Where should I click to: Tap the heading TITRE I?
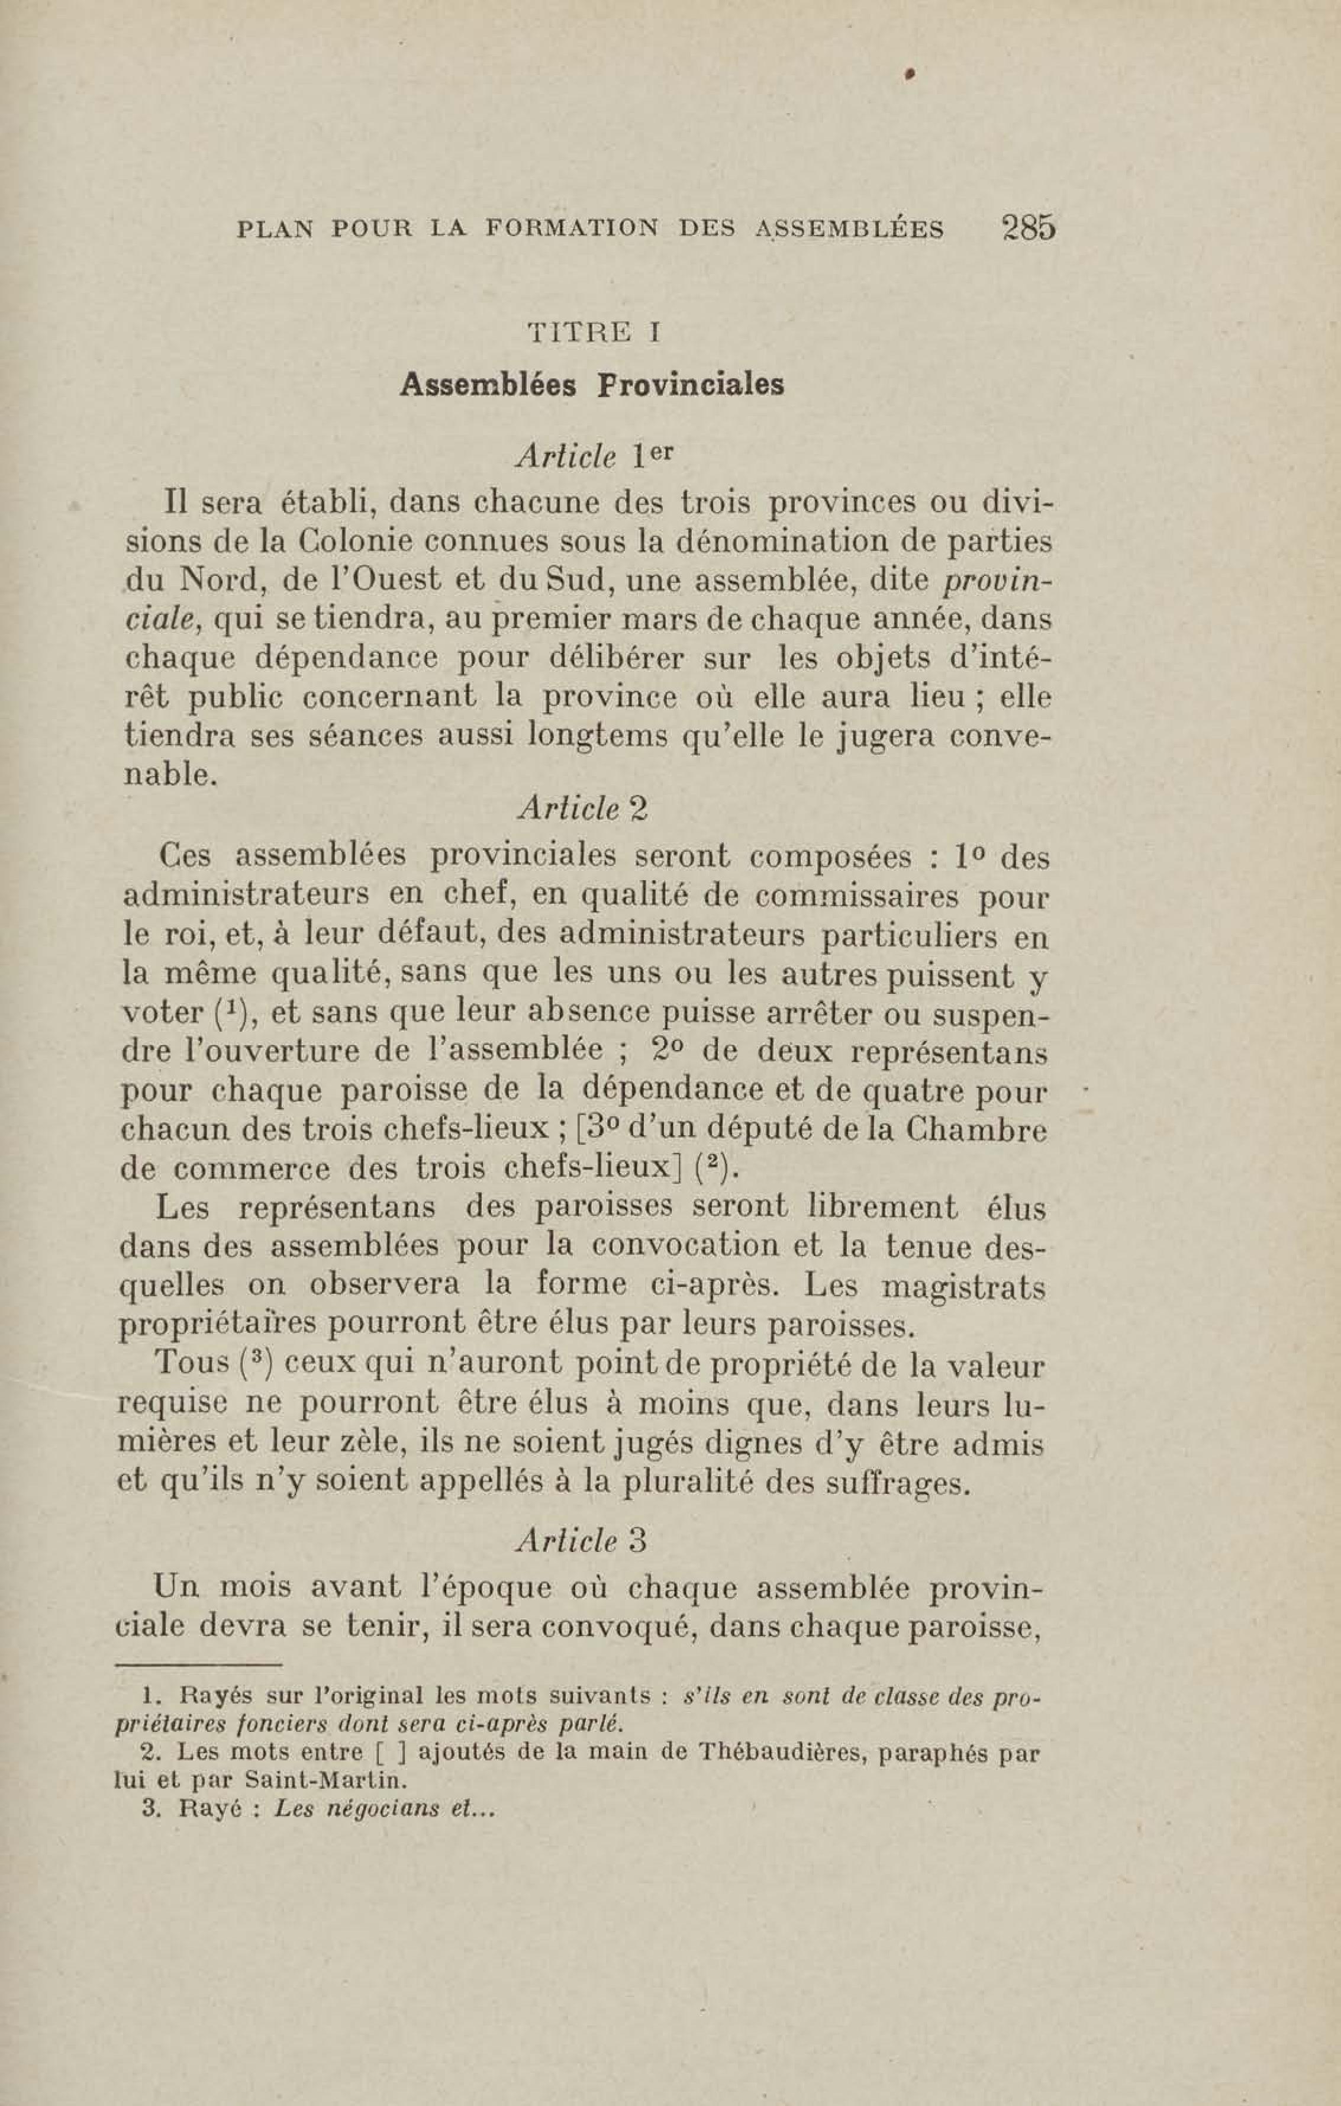point(593,332)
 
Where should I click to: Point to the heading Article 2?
point(583,809)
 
